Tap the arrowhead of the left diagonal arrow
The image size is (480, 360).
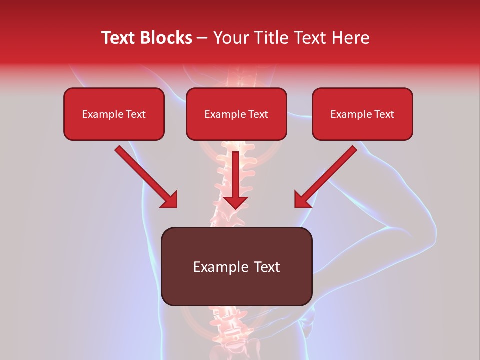(x=169, y=200)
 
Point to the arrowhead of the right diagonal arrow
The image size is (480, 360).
(x=302, y=200)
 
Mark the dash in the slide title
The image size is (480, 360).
(x=203, y=38)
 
